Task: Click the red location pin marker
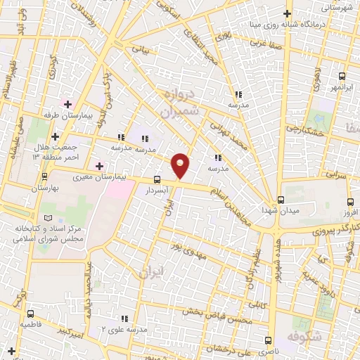(181, 165)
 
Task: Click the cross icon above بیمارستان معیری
(101, 165)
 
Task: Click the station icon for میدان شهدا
(281, 200)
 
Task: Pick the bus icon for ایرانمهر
(342, 76)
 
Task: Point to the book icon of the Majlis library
(48, 218)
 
